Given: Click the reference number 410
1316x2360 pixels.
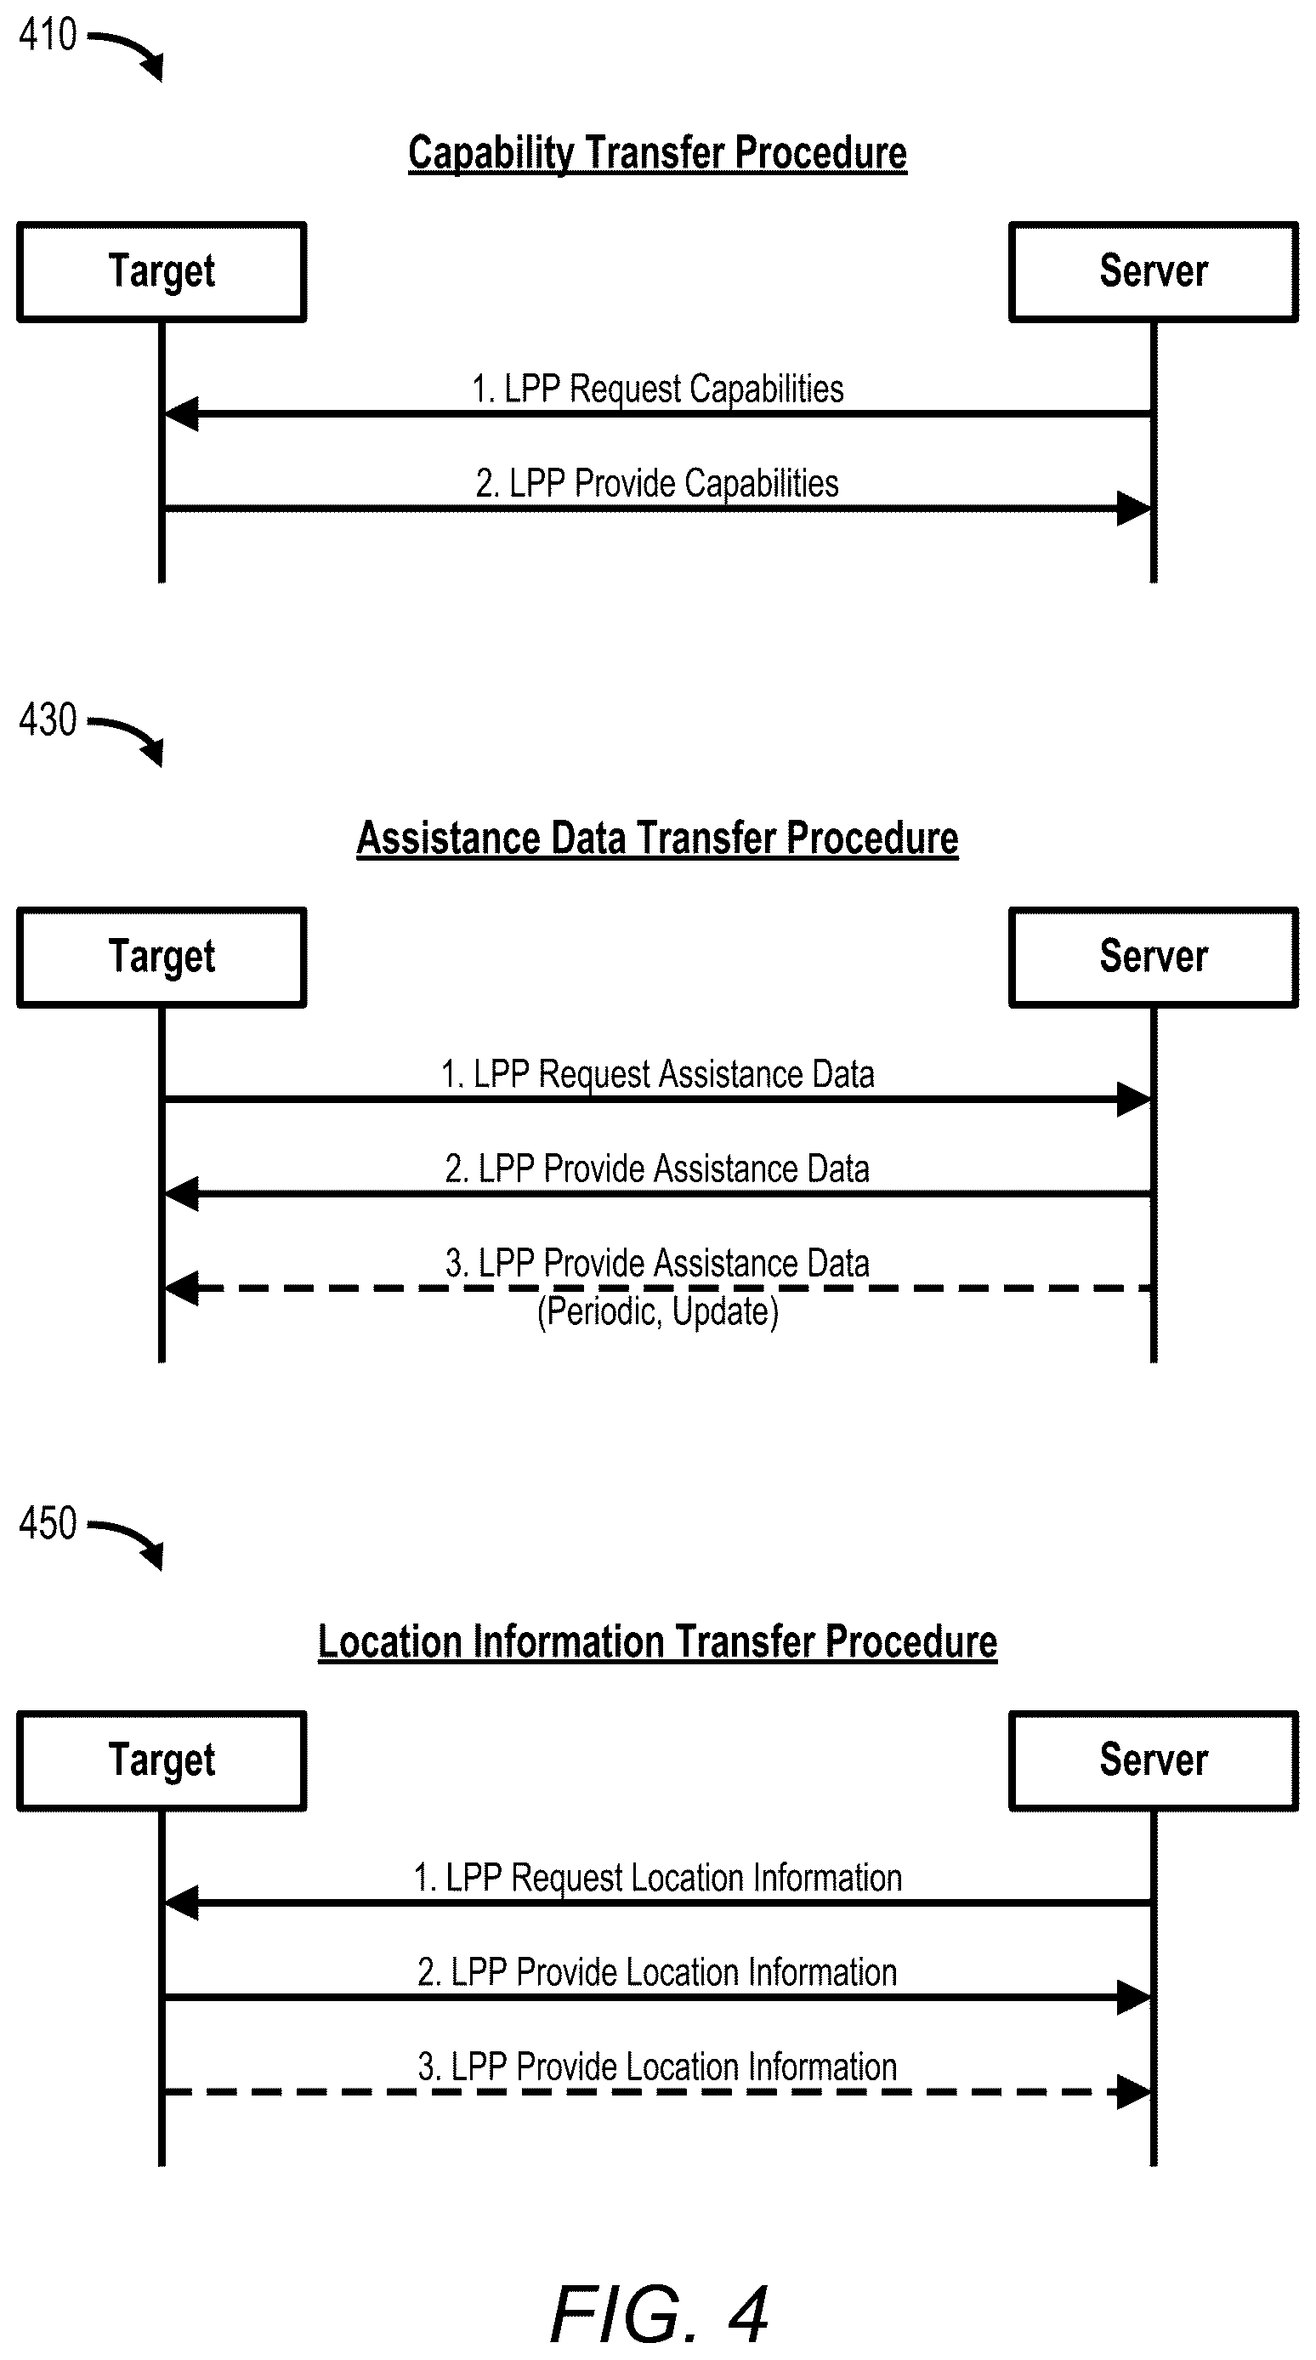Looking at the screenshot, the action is [48, 35].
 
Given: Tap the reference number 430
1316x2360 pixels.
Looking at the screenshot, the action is [48, 719].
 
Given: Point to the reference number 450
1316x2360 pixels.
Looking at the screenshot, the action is [48, 1522].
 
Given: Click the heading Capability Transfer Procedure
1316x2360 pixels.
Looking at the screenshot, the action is [657, 153].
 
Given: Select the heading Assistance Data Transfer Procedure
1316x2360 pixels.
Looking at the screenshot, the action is [657, 839].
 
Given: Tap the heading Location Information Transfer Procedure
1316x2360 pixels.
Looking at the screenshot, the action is [657, 1641].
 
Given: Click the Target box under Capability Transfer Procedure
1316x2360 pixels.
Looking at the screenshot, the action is [162, 272].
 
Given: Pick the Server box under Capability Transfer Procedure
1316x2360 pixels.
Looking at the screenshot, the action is [1154, 272].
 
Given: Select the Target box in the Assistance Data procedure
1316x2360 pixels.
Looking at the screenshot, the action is [162, 958].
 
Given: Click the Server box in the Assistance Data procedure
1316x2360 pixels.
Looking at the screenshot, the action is [1154, 958].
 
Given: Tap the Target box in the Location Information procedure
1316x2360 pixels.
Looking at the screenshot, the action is [162, 1760].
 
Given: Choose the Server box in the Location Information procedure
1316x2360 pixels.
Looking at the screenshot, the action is [1154, 1760].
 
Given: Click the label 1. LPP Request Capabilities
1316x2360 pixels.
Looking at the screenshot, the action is [657, 389].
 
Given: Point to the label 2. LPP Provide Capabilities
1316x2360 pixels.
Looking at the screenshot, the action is [657, 483].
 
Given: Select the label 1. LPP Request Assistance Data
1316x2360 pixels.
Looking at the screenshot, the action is [657, 1074].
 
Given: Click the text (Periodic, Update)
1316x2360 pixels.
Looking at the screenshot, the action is [657, 1312].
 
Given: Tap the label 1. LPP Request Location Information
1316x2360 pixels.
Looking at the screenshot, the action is [657, 1877].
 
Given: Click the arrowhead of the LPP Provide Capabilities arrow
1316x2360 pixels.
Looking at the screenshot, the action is [1135, 509].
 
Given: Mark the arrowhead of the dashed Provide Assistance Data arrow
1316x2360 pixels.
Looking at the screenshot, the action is [181, 1288].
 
